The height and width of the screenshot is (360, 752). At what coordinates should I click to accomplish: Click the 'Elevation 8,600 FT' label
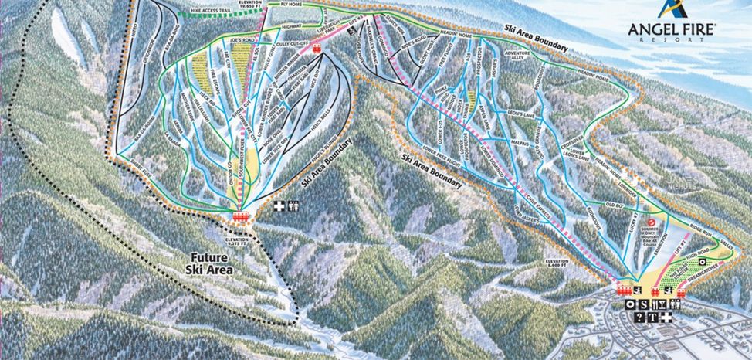coord(561,265)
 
